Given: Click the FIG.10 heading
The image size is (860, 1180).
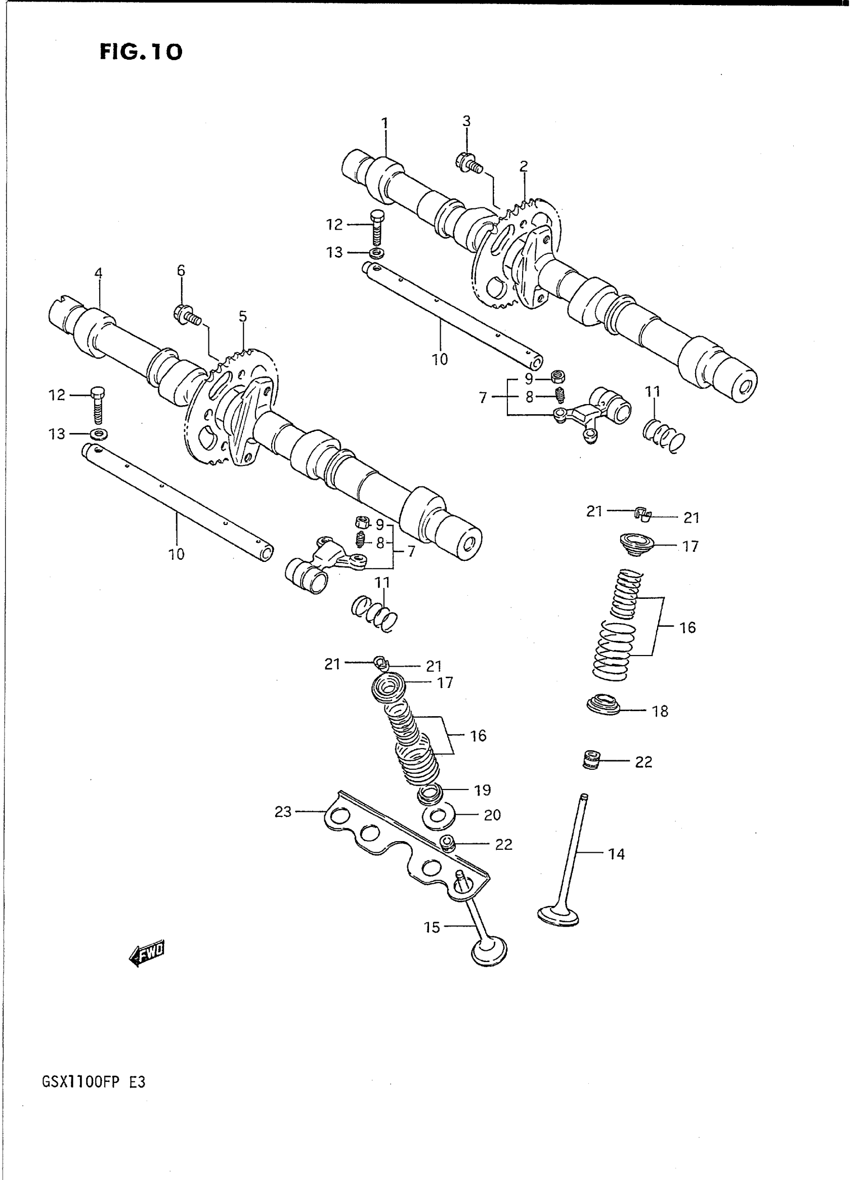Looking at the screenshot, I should point(141,52).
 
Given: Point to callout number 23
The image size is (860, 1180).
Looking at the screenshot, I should point(283,812).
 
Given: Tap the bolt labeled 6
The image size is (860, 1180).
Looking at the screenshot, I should point(186,315).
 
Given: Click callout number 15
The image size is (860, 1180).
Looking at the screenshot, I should point(432,927).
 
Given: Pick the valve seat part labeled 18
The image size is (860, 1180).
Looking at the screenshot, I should point(604,704).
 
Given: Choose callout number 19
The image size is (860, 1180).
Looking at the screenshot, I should point(483,790).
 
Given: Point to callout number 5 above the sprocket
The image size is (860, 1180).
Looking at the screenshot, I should point(243,317).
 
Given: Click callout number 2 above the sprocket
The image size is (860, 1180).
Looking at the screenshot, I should point(524,166).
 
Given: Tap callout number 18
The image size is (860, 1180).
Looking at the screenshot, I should point(660,711).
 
